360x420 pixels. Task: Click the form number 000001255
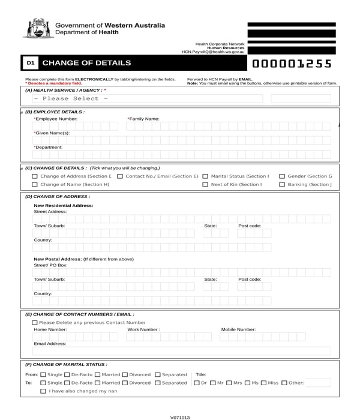click(x=292, y=64)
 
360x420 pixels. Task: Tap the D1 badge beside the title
click(x=31, y=63)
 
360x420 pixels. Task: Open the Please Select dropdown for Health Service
click(x=144, y=99)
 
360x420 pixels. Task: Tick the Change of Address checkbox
click(x=35, y=176)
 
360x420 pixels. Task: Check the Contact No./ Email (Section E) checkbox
click(x=120, y=176)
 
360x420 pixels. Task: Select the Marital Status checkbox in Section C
click(x=205, y=176)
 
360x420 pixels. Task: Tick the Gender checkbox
click(x=282, y=176)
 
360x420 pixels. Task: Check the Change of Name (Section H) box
click(x=35, y=185)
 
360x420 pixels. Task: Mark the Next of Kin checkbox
click(x=205, y=185)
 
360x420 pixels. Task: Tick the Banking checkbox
click(x=282, y=185)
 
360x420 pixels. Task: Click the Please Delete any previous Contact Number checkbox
click(x=35, y=323)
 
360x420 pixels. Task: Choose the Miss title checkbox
click(x=263, y=383)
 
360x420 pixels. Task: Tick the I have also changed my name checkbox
click(x=43, y=391)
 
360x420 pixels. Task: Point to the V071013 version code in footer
click(x=180, y=417)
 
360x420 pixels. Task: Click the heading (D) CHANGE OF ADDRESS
click(x=58, y=196)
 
